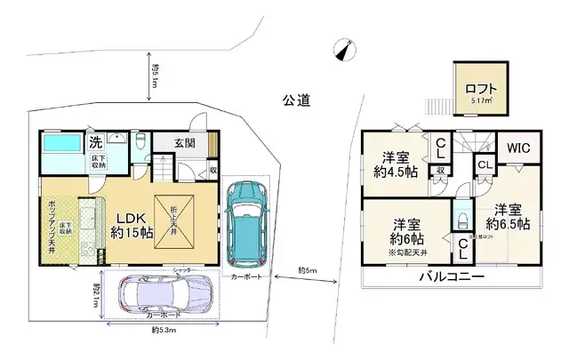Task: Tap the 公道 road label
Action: [297, 101]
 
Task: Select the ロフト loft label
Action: [481, 89]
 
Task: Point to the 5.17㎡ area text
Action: [481, 103]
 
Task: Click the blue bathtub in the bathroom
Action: [62, 143]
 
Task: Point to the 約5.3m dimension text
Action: [164, 331]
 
